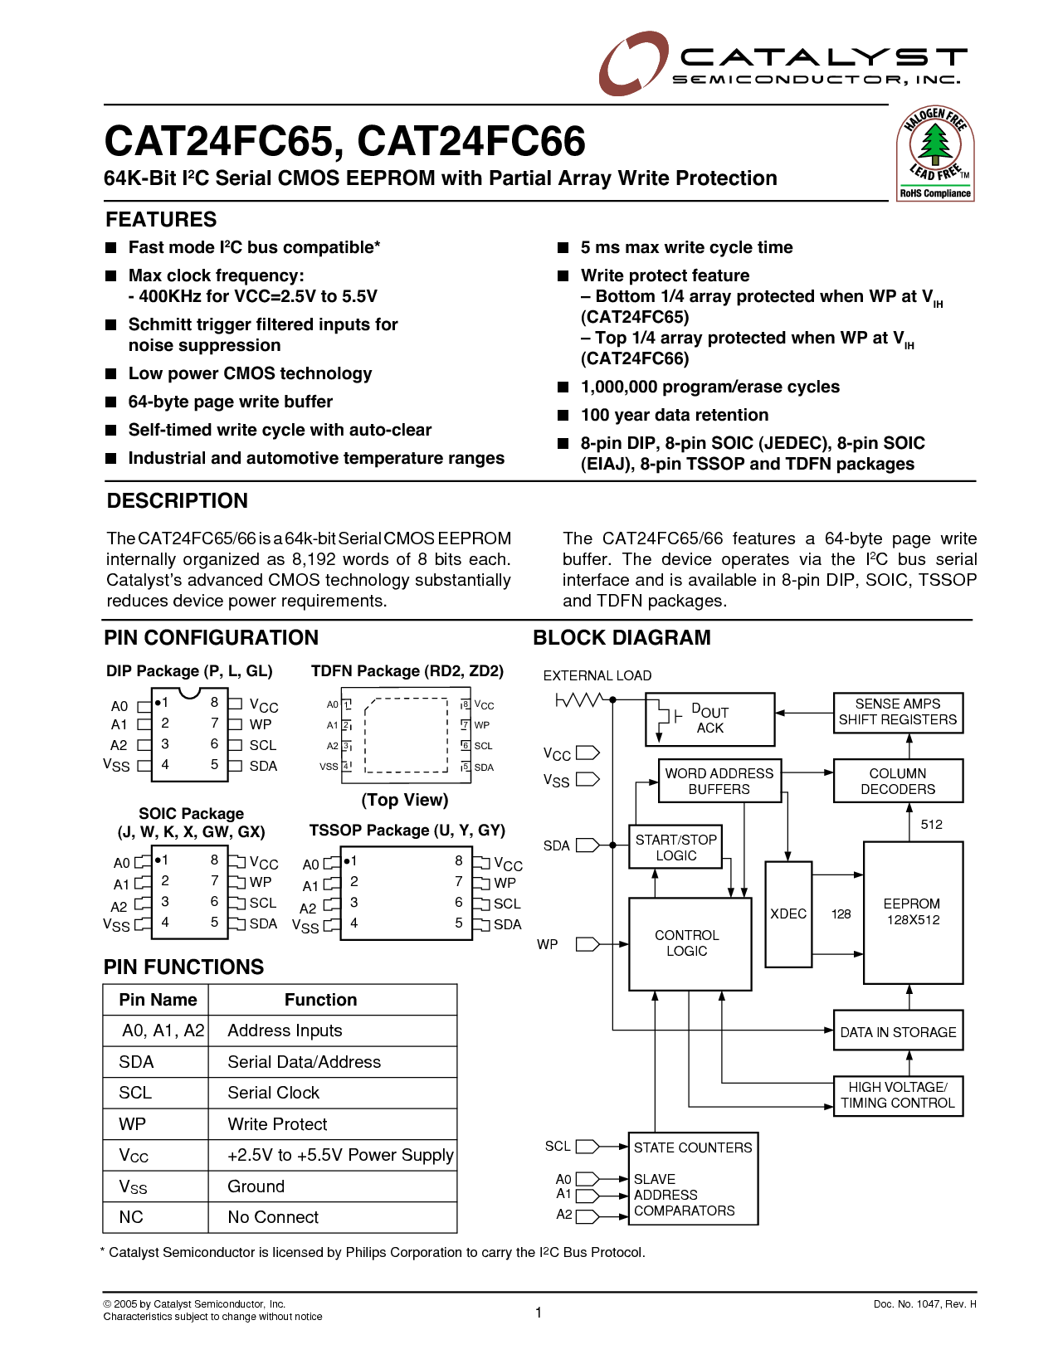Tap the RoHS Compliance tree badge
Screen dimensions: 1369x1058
click(x=935, y=154)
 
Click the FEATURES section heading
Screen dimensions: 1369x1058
click(x=161, y=220)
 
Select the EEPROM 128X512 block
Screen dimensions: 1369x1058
click(x=913, y=912)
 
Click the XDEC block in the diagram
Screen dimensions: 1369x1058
click(x=788, y=913)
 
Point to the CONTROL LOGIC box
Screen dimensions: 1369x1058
click(x=689, y=943)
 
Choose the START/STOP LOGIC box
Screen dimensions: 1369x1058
click(x=675, y=847)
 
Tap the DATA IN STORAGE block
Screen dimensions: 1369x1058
click(x=898, y=1032)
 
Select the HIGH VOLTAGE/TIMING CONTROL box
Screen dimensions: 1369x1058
click(x=898, y=1095)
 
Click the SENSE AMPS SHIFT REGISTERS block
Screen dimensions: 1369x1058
click(x=898, y=712)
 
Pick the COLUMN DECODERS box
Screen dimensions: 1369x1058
click(x=898, y=781)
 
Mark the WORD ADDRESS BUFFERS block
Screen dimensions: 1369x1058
click(x=719, y=781)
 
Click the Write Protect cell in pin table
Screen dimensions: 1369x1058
click(x=278, y=1124)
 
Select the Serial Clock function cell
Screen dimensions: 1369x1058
click(x=274, y=1093)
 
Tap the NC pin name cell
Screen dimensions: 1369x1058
click(x=131, y=1217)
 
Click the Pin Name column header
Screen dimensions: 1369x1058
click(x=158, y=1000)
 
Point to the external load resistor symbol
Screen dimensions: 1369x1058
click(x=578, y=700)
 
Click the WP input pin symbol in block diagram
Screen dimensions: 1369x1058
click(x=588, y=944)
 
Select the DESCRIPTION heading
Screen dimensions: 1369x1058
click(x=178, y=501)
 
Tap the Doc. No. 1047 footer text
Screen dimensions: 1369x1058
click(x=924, y=1304)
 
